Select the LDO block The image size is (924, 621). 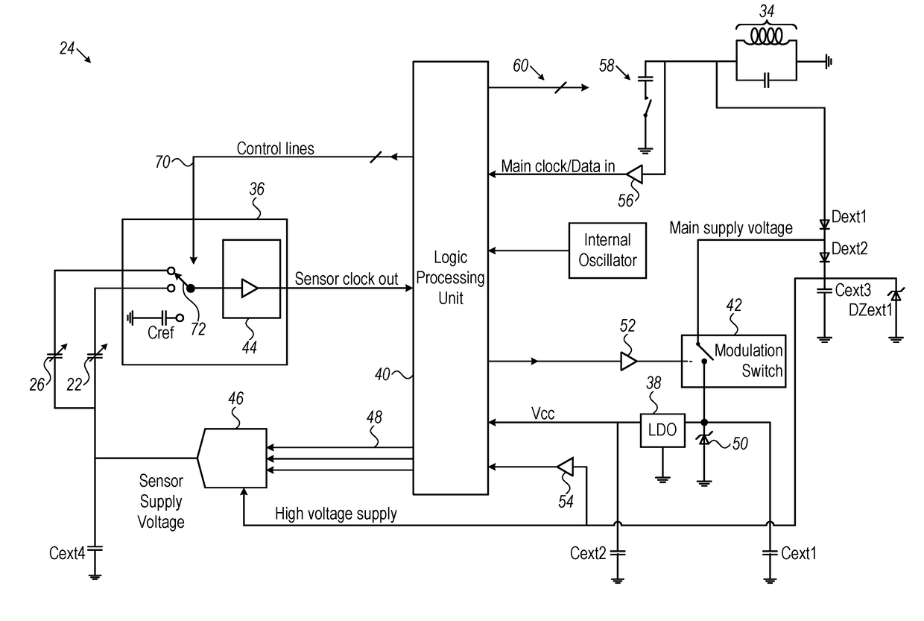click(662, 430)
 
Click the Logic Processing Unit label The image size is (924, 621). click(450, 277)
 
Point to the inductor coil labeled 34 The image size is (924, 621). click(766, 37)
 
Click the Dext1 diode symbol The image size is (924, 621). click(824, 224)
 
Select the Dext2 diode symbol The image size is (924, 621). click(824, 257)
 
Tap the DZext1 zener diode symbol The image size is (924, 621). click(896, 295)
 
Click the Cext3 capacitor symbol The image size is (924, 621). click(824, 291)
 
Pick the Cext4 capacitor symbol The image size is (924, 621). click(95, 549)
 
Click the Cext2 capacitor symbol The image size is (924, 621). click(618, 552)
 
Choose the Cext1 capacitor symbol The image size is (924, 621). click(770, 552)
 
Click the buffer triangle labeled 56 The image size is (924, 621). click(635, 174)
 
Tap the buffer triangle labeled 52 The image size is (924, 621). click(629, 362)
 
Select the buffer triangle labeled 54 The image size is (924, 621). click(565, 467)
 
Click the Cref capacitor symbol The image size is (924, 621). click(165, 318)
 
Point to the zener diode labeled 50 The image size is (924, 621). click(704, 439)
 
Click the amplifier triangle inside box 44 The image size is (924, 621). click(250, 288)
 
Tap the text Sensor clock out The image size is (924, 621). click(346, 279)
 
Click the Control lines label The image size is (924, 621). click(275, 148)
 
